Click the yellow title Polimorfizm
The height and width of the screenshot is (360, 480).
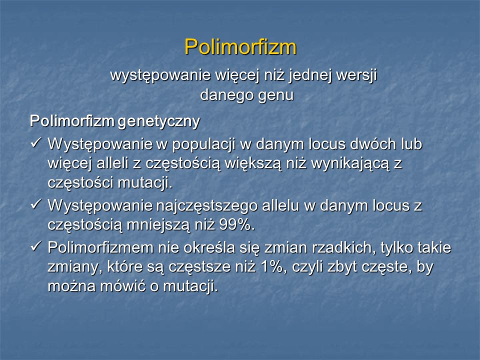click(x=240, y=47)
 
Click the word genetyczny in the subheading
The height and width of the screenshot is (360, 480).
click(x=158, y=121)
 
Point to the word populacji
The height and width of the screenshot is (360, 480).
click(x=203, y=144)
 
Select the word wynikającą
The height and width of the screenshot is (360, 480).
click(x=350, y=164)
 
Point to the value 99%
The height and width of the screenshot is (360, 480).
click(x=237, y=225)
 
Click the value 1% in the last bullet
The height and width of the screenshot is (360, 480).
click(x=272, y=266)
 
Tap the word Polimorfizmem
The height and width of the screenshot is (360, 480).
click(x=100, y=247)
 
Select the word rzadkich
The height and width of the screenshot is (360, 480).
click(x=344, y=247)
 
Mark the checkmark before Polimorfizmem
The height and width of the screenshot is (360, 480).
click(x=36, y=246)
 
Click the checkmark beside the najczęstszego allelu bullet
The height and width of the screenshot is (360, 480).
click(x=36, y=204)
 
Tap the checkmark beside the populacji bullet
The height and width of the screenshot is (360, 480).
click(x=36, y=142)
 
